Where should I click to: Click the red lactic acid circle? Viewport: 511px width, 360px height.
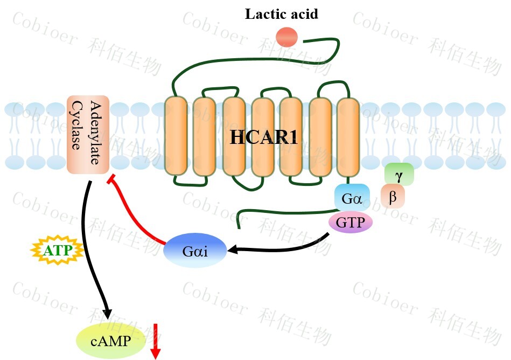[286, 37]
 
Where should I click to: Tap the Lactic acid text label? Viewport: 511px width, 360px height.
[281, 13]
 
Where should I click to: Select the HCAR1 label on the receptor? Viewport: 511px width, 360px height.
[264, 137]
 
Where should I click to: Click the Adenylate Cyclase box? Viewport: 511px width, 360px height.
[88, 135]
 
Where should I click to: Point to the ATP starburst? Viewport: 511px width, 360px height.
[57, 251]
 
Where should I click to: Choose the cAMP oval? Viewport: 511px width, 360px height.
[111, 341]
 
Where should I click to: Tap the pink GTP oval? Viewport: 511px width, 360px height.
[351, 221]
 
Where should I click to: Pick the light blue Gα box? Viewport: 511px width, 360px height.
[352, 197]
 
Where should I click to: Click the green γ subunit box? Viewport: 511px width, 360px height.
[399, 175]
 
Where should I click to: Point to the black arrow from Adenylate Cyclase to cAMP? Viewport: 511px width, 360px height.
[95, 253]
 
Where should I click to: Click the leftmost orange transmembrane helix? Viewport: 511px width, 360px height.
[176, 136]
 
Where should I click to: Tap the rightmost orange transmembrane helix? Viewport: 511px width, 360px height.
[348, 136]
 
